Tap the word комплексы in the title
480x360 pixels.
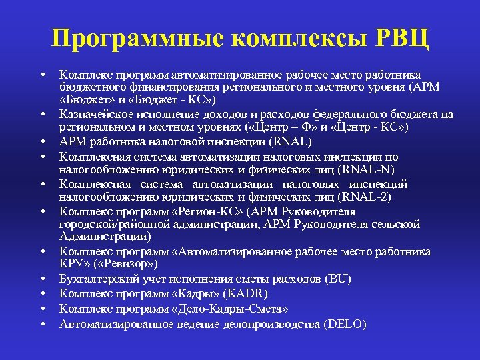[x=291, y=39]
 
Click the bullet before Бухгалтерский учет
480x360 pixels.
[x=41, y=279]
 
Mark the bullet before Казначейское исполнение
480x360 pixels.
[x=41, y=115]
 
